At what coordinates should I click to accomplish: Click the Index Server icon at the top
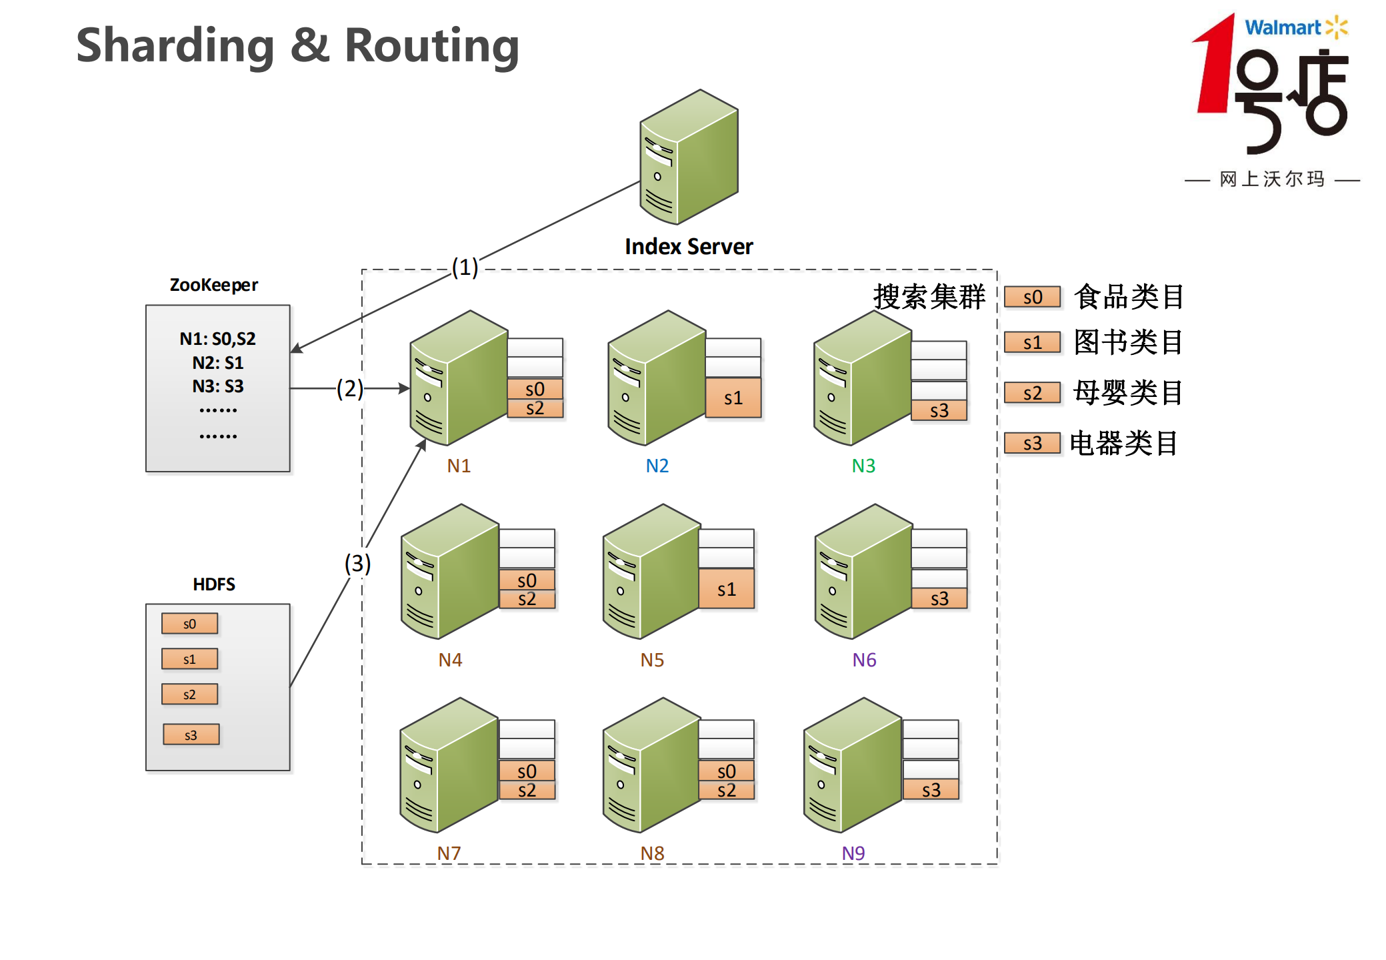[x=689, y=157]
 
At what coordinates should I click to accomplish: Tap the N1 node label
[x=459, y=466]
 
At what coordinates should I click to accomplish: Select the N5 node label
[x=652, y=660]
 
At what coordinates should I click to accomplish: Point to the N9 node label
[x=853, y=853]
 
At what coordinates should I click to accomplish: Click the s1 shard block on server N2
[x=733, y=398]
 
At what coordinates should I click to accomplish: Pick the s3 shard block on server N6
[x=939, y=598]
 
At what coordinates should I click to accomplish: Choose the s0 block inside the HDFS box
[x=189, y=624]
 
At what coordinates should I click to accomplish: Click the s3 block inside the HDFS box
[x=191, y=735]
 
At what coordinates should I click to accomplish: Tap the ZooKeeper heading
[x=213, y=285]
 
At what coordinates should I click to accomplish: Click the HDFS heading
[x=214, y=584]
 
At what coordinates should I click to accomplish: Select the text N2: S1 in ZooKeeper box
[x=218, y=363]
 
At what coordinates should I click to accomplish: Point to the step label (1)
[x=465, y=268]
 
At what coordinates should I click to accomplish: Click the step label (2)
[x=349, y=388]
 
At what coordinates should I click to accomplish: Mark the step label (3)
[x=357, y=564]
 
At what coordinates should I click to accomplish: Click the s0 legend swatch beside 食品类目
[x=1032, y=298]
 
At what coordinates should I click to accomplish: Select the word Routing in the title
[x=431, y=46]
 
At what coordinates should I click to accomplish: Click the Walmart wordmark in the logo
[x=1282, y=28]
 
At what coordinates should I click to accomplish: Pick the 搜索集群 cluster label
[x=929, y=297]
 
